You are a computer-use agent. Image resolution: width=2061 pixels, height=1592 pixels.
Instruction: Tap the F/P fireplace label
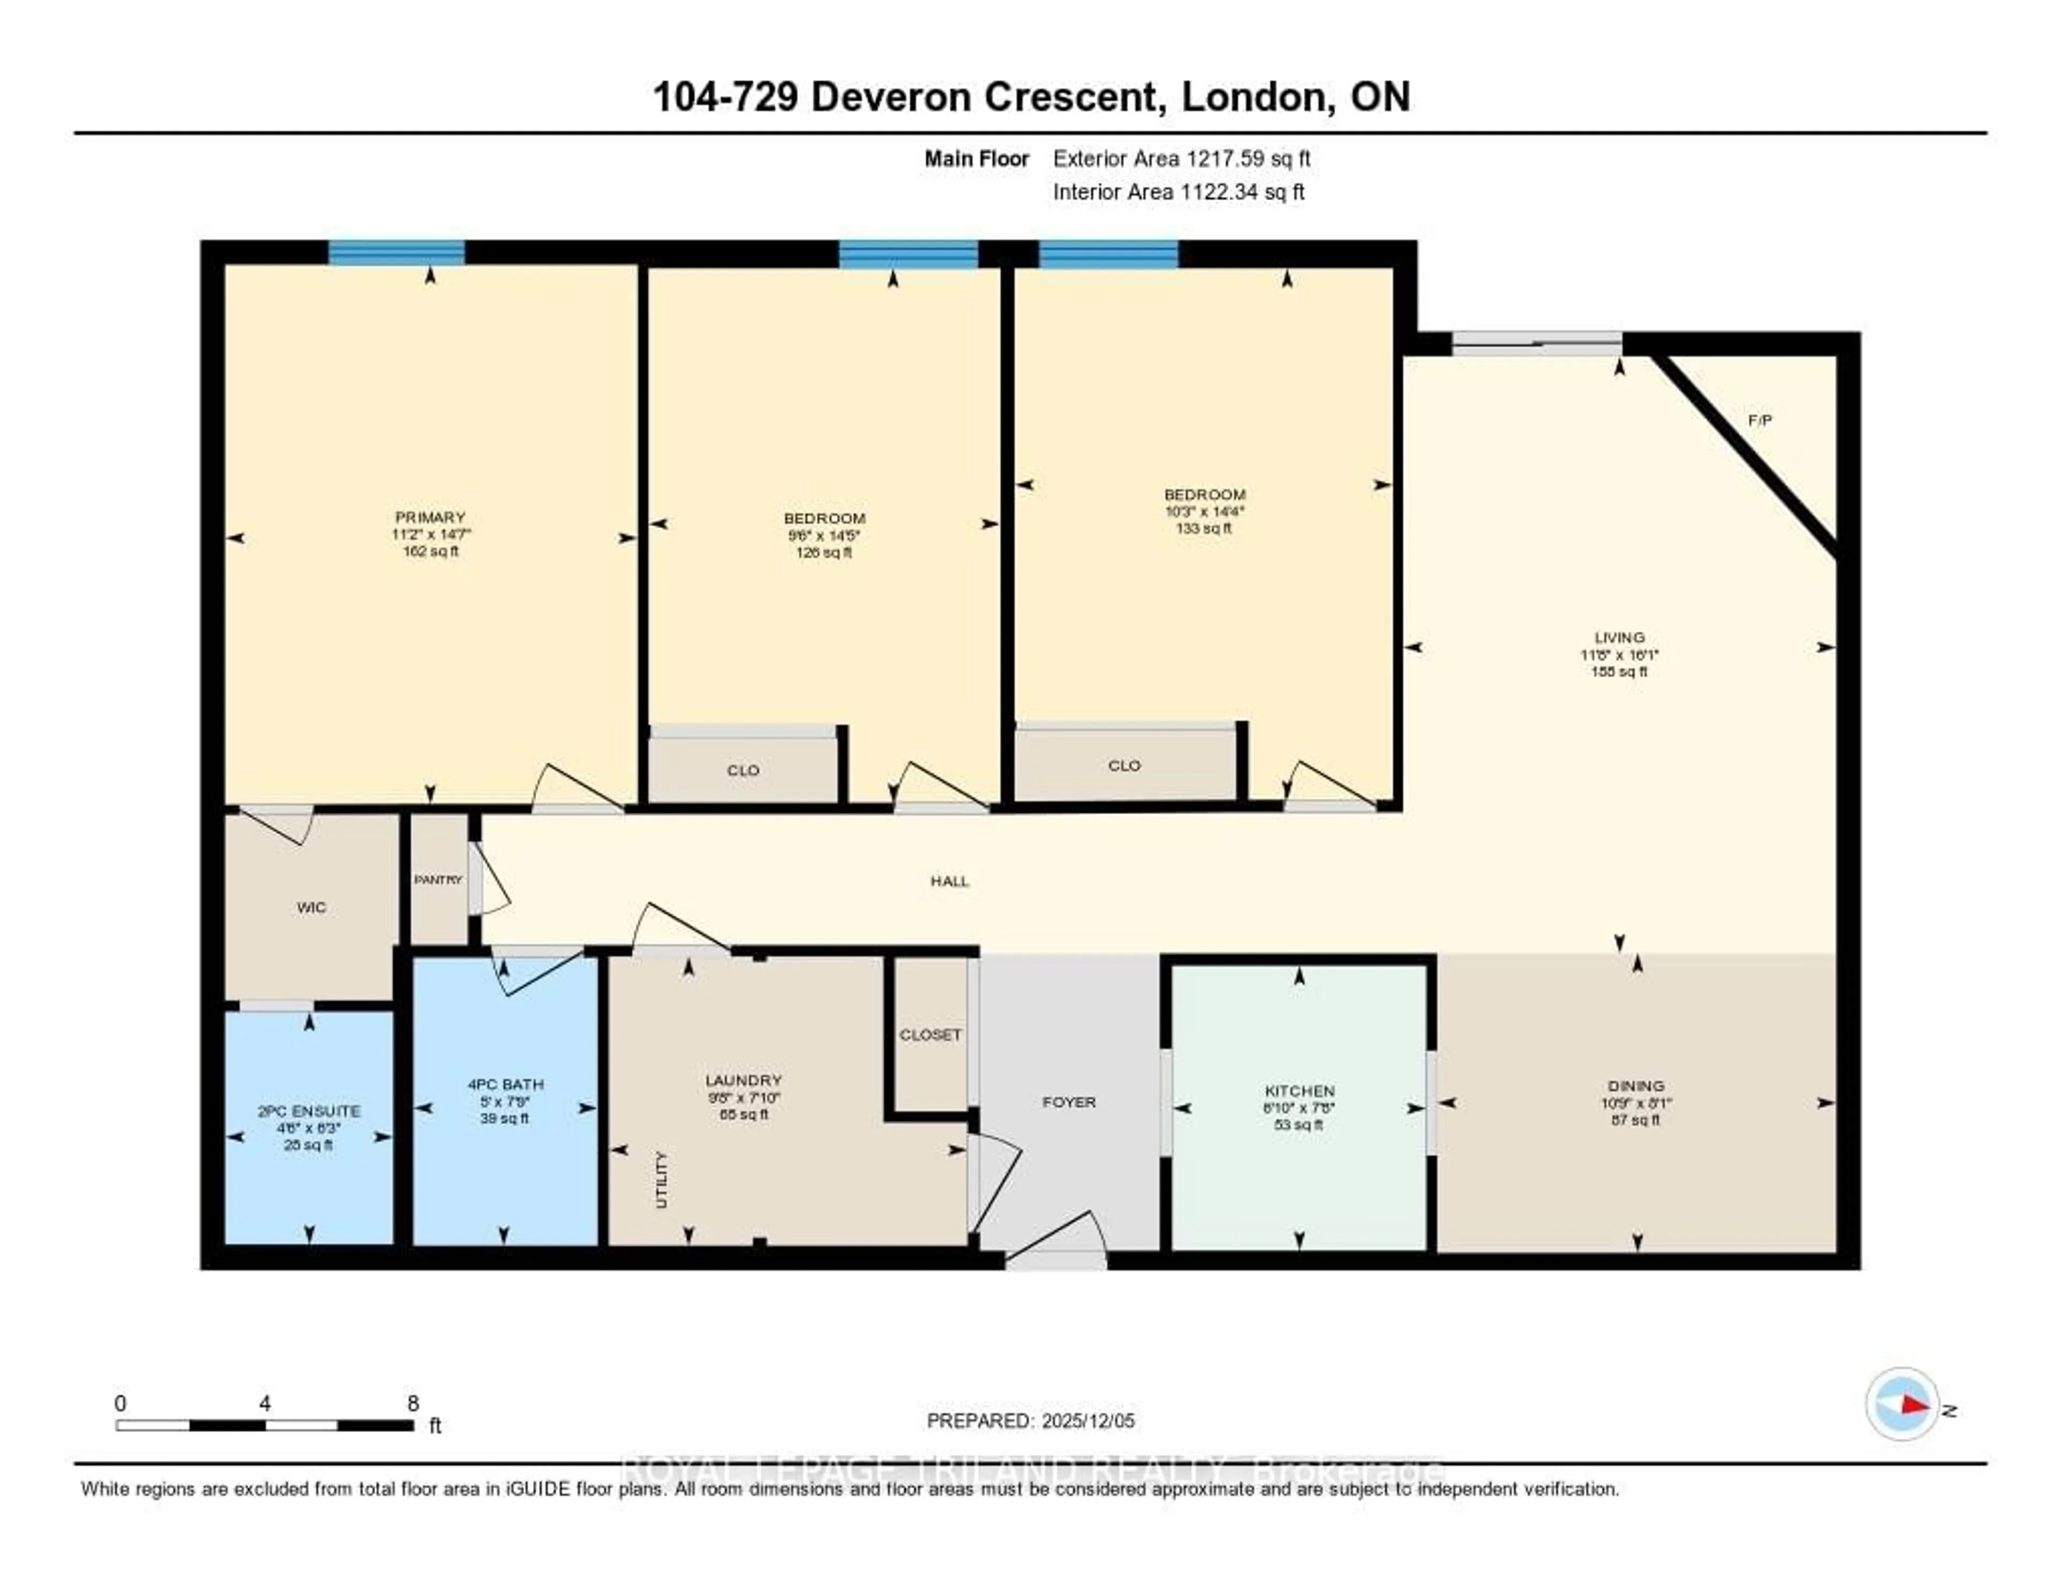[x=1759, y=420]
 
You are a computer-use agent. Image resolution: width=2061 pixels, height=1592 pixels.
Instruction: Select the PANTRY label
[x=438, y=880]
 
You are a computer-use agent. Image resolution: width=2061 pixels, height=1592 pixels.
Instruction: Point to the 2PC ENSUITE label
[x=309, y=1111]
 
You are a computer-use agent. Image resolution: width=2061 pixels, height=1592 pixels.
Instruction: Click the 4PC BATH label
[x=505, y=1084]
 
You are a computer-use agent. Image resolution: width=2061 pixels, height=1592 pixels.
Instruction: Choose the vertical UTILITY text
[x=661, y=1180]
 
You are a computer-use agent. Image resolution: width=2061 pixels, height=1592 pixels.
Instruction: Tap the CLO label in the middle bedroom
[x=743, y=770]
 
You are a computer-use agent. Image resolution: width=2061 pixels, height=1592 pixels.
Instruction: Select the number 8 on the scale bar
[x=412, y=1403]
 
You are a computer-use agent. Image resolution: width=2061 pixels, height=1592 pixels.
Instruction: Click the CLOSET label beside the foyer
[x=930, y=1034]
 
